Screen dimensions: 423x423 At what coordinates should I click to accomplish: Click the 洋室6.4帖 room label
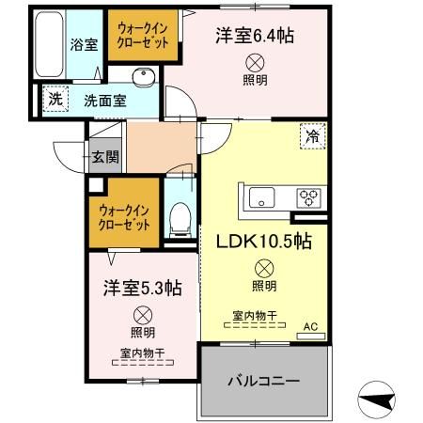tap(255, 37)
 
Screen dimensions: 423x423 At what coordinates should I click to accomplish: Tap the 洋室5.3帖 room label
tap(143, 288)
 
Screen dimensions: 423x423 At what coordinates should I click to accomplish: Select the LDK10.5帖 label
tap(264, 242)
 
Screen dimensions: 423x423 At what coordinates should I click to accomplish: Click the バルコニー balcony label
tap(265, 383)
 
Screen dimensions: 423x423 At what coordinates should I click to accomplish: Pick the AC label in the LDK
tap(310, 328)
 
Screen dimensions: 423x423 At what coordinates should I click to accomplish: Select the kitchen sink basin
tap(260, 197)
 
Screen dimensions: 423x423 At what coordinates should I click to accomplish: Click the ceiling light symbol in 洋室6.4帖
tap(255, 62)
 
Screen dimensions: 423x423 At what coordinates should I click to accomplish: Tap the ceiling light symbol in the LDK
tap(264, 267)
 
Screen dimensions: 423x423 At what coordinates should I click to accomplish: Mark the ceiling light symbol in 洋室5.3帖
tap(143, 314)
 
